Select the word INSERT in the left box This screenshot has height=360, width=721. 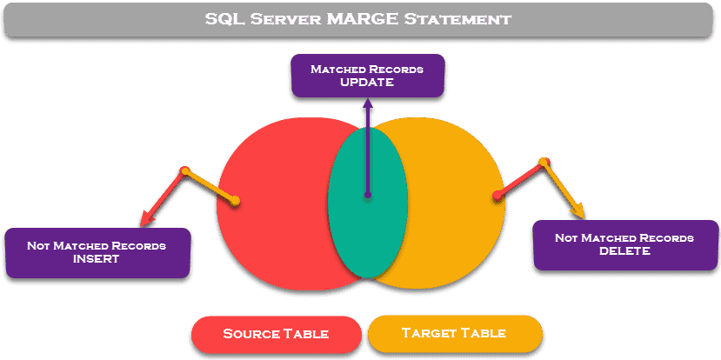click(97, 258)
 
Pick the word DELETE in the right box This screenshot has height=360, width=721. click(624, 250)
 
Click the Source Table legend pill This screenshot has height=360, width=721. click(277, 333)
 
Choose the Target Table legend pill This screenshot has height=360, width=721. click(454, 333)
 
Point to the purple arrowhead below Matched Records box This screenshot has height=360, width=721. click(368, 103)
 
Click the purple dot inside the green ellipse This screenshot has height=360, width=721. click(368, 195)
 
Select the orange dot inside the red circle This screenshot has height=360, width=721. click(236, 202)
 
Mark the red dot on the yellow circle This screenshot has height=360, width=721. click(497, 195)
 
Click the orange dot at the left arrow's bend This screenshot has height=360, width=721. click(184, 172)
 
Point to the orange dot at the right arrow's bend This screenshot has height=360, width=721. click(544, 162)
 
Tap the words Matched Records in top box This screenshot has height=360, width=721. click(368, 68)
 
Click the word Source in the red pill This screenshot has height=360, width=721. click(250, 333)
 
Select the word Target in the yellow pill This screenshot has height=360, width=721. click(427, 333)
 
